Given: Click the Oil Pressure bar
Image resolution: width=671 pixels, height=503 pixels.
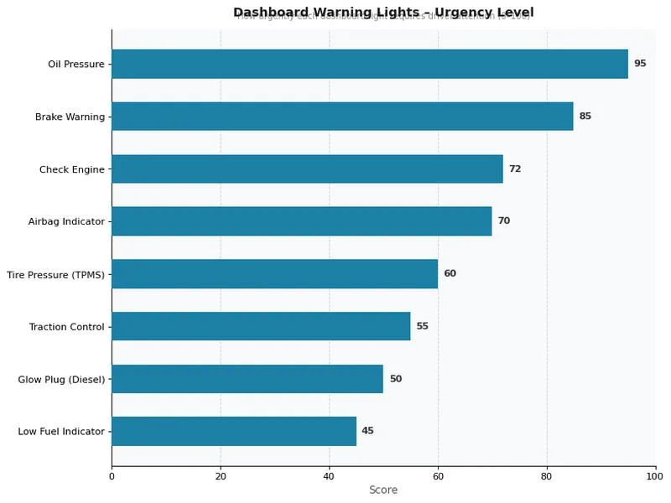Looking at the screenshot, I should [x=369, y=64].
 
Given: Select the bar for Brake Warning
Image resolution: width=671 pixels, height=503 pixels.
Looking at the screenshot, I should [x=342, y=117].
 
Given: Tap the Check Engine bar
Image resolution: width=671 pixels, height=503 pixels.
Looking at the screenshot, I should [x=307, y=169].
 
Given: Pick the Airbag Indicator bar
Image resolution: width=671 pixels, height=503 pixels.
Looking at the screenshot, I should [x=301, y=221].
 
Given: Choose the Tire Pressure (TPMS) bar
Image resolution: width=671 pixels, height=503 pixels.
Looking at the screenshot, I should [x=274, y=273].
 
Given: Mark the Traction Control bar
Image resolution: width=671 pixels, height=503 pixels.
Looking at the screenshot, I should [x=261, y=326].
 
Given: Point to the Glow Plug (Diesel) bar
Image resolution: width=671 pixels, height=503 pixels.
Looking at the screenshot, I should [x=247, y=379].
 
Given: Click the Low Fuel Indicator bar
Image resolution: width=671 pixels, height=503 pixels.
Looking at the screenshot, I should [x=233, y=431].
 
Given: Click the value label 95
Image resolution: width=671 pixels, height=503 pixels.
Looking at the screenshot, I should [x=640, y=64].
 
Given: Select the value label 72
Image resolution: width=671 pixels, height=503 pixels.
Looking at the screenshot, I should [x=515, y=169].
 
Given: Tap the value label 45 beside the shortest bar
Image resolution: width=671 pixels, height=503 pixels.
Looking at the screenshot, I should [x=367, y=431].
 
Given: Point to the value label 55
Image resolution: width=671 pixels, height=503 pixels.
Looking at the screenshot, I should [x=422, y=326].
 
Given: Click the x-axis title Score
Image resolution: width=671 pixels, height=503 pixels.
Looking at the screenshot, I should [x=383, y=490].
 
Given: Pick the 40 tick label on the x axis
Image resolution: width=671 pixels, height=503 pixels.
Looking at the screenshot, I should [x=329, y=475].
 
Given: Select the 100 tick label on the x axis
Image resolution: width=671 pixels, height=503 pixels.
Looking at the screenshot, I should [x=655, y=475].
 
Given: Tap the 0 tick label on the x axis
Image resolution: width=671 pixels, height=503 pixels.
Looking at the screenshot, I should [x=112, y=475].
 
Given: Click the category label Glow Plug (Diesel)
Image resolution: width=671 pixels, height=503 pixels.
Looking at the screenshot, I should [x=61, y=379].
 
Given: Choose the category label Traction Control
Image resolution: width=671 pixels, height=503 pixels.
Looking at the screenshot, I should [x=66, y=326].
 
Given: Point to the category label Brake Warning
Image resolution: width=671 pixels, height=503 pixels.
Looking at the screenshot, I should [x=70, y=117].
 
